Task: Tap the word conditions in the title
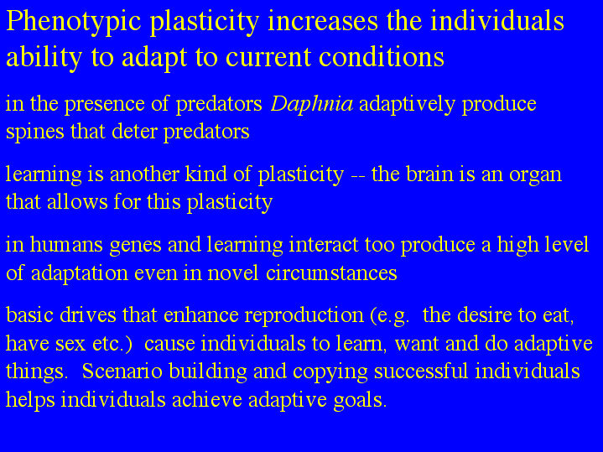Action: tap(382, 57)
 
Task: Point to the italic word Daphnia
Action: tap(312, 104)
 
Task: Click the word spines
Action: tap(35, 132)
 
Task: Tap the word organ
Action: tap(535, 176)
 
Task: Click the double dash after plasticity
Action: tap(358, 177)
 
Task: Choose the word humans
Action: tap(66, 245)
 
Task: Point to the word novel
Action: tap(233, 273)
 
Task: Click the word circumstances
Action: tap(331, 273)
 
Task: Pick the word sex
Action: tap(70, 345)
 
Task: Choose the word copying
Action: tap(330, 373)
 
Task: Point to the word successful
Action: tap(421, 371)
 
